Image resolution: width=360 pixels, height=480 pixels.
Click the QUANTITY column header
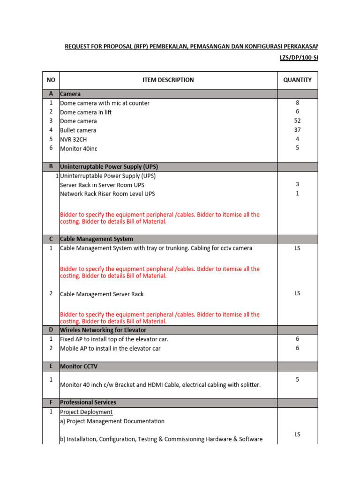(x=297, y=80)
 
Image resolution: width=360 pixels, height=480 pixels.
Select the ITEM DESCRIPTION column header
(x=168, y=80)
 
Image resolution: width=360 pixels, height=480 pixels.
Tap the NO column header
(x=51, y=80)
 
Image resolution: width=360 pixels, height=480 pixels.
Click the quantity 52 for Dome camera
(x=297, y=120)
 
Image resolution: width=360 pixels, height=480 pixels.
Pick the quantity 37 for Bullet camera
(x=297, y=130)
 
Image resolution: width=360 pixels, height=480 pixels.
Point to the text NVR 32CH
(x=74, y=139)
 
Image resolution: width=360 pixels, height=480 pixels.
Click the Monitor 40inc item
(x=79, y=149)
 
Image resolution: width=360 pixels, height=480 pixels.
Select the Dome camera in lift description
(x=86, y=112)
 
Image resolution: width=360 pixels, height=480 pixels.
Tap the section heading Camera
(x=70, y=94)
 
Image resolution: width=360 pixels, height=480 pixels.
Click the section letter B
(x=51, y=166)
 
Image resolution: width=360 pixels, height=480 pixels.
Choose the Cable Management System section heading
(x=97, y=239)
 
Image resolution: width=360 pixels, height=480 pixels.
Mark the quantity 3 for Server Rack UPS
(x=297, y=184)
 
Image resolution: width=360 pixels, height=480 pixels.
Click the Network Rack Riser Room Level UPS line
(x=107, y=194)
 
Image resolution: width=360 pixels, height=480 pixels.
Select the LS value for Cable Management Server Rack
(x=297, y=293)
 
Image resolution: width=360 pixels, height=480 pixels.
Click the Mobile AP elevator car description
(x=110, y=348)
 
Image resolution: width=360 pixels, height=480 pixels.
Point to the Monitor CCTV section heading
(x=79, y=366)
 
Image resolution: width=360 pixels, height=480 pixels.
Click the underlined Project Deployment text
(x=86, y=412)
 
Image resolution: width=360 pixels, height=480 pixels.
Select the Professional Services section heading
(x=88, y=402)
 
